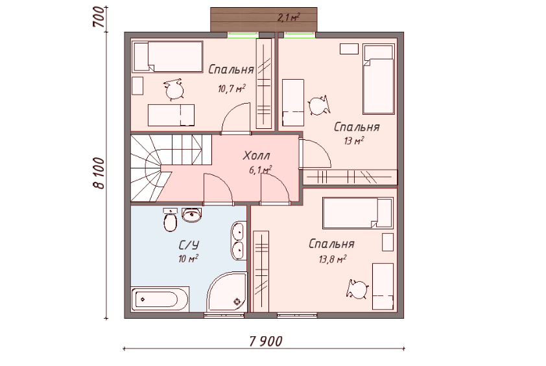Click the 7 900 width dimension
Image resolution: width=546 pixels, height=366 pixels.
pos(266,341)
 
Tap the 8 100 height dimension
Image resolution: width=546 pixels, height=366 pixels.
pos(99,173)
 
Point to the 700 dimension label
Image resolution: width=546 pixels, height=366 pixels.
pos(99,17)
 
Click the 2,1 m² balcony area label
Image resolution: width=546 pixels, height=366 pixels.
pos(289,17)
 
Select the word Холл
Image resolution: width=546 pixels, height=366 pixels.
pos(257,155)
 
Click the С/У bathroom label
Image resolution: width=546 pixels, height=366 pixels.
pos(189,246)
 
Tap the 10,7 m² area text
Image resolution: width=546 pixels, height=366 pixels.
pos(231,88)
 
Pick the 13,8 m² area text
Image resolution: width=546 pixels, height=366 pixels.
pos(333,259)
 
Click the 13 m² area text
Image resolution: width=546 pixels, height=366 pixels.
pos(354,141)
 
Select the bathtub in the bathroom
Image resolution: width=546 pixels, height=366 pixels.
pos(160,299)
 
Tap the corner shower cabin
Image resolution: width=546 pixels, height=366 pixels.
pos(228,292)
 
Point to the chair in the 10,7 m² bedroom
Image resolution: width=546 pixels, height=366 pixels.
pos(174,90)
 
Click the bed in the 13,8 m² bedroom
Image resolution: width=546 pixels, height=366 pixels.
pos(357,213)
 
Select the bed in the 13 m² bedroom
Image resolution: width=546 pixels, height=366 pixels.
pos(379,79)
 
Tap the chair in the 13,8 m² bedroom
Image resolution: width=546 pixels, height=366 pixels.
pos(357,289)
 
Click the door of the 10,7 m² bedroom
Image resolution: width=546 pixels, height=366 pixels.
pos(236,119)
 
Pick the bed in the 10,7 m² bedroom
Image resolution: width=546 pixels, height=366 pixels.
pos(167,57)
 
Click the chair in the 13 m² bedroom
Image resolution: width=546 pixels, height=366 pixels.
pos(318,106)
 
